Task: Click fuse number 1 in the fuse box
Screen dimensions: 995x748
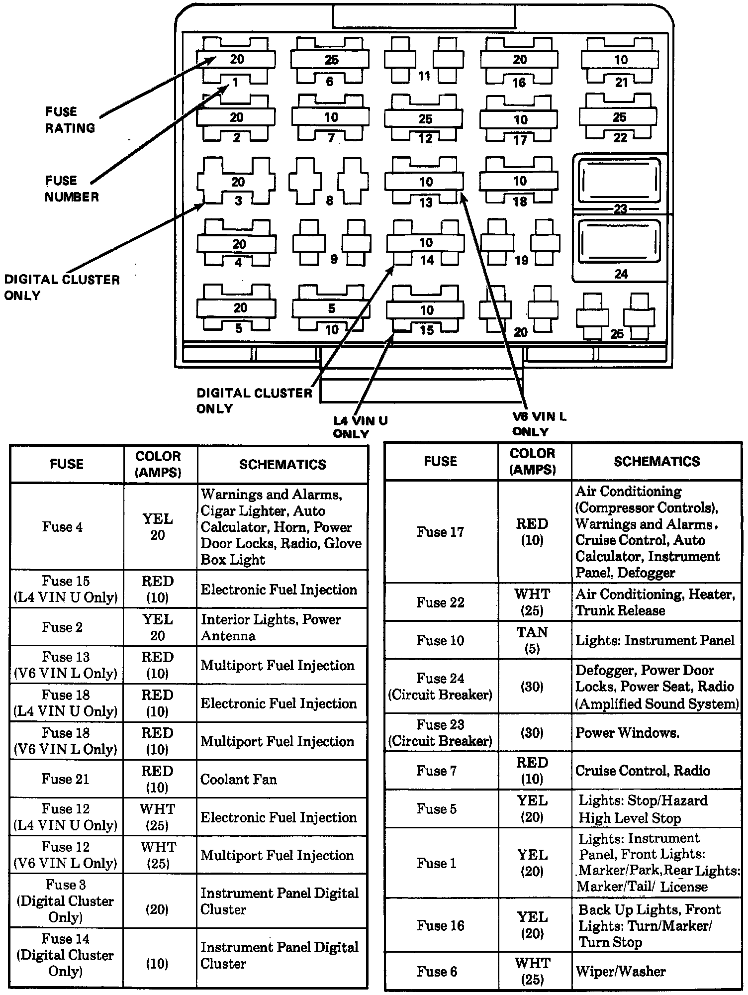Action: tap(236, 82)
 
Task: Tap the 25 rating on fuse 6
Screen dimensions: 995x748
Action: tap(331, 60)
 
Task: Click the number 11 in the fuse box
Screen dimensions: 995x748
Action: tap(424, 76)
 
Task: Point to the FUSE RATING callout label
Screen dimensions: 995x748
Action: tap(70, 120)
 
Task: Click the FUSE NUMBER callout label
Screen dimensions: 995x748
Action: tap(72, 189)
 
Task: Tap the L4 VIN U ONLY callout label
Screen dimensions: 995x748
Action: tap(360, 427)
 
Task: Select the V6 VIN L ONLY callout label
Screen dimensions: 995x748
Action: tap(539, 424)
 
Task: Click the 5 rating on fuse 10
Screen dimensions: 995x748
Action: tap(331, 308)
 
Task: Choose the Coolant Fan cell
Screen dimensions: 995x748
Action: tap(238, 779)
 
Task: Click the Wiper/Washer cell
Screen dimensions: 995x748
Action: tap(620, 971)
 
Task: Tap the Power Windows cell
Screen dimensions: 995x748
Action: tap(627, 733)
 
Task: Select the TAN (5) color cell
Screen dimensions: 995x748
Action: tap(532, 640)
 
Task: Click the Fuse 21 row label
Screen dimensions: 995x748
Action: tap(65, 779)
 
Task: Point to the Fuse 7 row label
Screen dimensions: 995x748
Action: tap(436, 771)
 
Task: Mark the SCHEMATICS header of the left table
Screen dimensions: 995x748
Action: tap(282, 465)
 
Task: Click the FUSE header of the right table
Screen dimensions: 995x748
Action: tap(440, 462)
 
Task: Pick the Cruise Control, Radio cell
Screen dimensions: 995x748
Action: tap(642, 771)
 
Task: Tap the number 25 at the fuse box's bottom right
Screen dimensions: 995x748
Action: tap(617, 334)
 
